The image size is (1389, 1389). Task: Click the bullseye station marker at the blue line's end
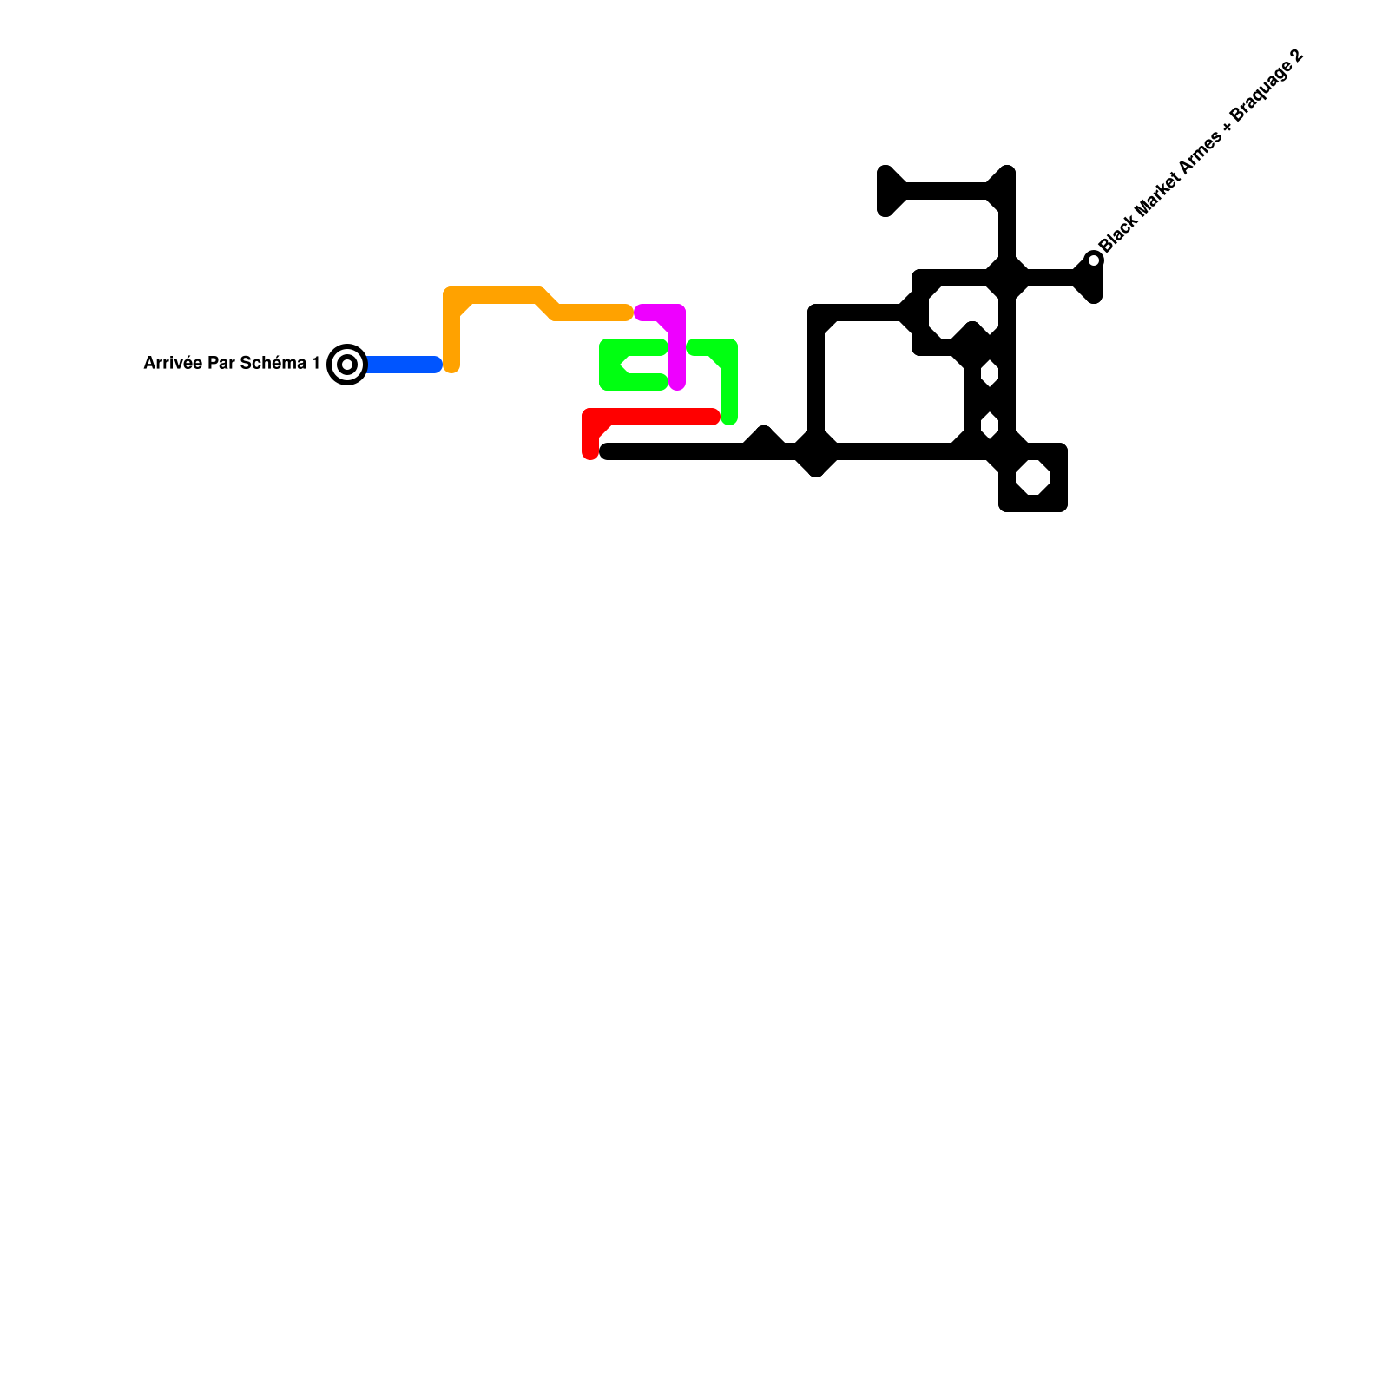point(347,365)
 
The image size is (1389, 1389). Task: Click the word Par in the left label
point(224,363)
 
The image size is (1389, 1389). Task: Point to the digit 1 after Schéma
point(315,363)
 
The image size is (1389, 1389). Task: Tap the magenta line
point(677,347)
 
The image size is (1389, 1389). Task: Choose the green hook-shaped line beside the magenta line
point(727,382)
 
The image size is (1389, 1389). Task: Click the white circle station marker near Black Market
point(1095,260)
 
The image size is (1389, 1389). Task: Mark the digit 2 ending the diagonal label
point(1297,56)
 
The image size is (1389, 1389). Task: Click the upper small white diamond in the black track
point(990,375)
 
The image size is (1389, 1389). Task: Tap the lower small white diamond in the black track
point(990,426)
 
